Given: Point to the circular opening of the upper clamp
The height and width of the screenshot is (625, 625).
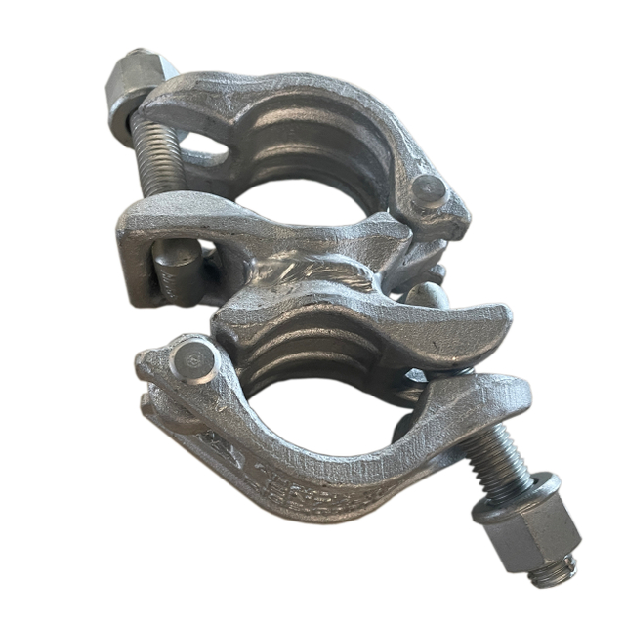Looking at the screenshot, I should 293,200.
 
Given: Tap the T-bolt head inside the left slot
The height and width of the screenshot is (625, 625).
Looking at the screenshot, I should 176,264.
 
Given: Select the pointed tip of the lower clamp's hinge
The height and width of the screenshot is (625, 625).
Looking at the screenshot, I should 146,367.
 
